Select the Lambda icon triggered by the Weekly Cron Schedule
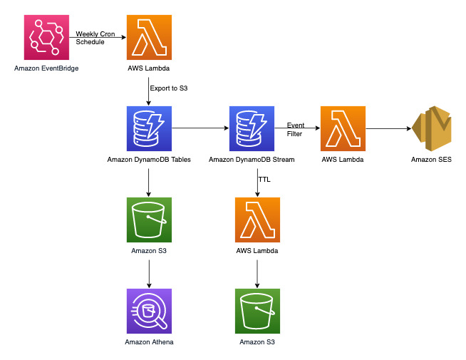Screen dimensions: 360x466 pyautogui.click(x=148, y=38)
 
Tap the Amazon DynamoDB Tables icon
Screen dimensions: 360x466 pyautogui.click(x=148, y=128)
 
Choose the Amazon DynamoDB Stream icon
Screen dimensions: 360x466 pyautogui.click(x=252, y=128)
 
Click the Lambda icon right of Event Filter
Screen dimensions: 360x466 pyautogui.click(x=343, y=128)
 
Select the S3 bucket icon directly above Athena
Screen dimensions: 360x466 pyautogui.click(x=148, y=220)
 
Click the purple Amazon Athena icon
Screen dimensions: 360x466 pyautogui.click(x=148, y=311)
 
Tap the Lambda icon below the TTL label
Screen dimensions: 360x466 pyautogui.click(x=257, y=220)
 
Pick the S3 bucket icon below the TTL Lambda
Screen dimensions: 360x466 pyautogui.click(x=257, y=311)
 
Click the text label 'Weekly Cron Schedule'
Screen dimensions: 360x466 pyautogui.click(x=96, y=38)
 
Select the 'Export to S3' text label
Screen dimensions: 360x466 pyautogui.click(x=168, y=88)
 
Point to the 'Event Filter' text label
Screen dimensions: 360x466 pyautogui.click(x=296, y=128)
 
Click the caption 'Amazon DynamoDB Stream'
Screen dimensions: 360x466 pyautogui.click(x=252, y=160)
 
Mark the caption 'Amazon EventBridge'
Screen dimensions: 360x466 pyautogui.click(x=46, y=68)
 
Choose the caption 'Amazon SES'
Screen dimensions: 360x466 pyautogui.click(x=431, y=160)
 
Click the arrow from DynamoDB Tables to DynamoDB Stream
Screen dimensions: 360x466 pyautogui.click(x=200, y=128)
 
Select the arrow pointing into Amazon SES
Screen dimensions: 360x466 pyautogui.click(x=388, y=128)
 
